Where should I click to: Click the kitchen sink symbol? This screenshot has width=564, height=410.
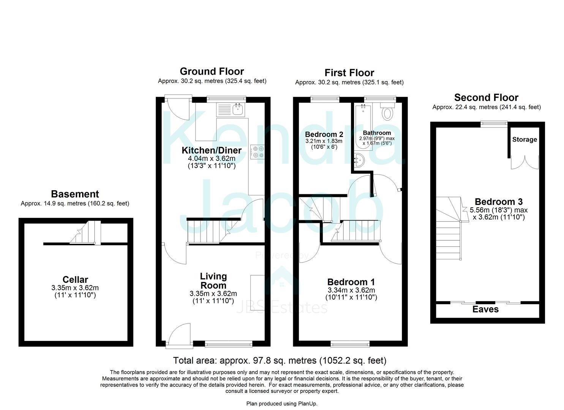(238, 110)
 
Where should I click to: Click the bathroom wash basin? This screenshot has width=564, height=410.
(359, 161)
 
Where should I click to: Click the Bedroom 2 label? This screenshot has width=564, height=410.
(324, 134)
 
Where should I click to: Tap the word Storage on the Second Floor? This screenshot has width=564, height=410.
(524, 140)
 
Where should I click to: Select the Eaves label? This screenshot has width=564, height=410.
(485, 309)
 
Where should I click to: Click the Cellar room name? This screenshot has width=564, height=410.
(75, 280)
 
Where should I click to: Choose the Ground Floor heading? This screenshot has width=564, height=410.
(212, 71)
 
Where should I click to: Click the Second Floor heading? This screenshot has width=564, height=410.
(486, 98)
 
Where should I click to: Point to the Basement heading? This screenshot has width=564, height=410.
(75, 194)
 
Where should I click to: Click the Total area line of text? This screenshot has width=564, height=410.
(280, 360)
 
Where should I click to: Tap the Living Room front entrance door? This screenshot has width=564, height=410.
(179, 334)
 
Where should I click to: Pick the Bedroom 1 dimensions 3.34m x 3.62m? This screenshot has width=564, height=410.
(351, 290)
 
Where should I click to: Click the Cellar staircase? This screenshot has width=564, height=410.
(85, 233)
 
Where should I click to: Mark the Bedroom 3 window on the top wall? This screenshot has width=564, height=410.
(493, 123)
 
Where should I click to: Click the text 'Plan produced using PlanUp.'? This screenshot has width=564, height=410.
(282, 404)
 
